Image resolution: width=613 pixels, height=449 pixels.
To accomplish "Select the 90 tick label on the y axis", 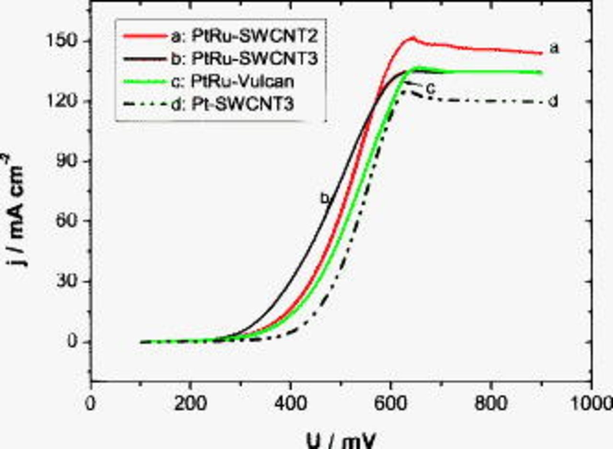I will click(x=69, y=161).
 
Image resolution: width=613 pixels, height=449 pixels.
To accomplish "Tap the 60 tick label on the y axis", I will click(x=69, y=221).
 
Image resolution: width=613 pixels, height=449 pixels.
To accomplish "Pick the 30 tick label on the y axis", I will click(x=69, y=282).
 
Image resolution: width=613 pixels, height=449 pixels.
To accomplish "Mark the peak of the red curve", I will click(x=412, y=37).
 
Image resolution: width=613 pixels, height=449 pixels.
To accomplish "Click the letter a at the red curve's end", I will click(x=554, y=48).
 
